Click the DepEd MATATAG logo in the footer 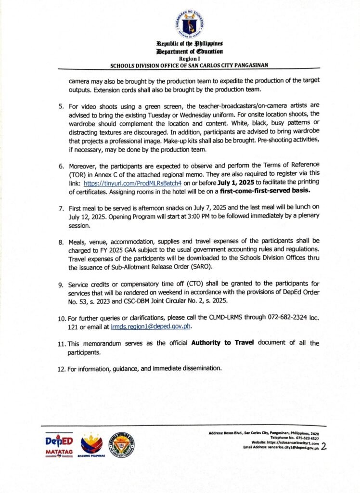59,444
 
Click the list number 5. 61,104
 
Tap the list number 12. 62,368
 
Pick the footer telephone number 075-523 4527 304,438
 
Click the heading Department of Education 189,52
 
